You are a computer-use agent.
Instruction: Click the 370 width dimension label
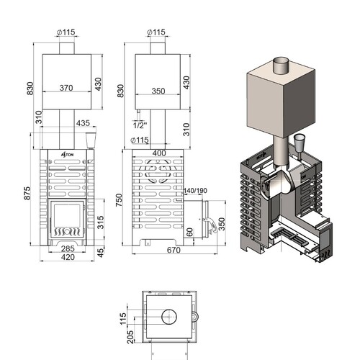click(x=66, y=88)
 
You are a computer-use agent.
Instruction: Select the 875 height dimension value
click(x=27, y=193)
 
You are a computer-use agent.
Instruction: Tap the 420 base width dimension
click(x=68, y=257)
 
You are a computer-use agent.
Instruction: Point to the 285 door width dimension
click(x=68, y=248)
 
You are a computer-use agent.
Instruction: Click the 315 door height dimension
click(x=101, y=222)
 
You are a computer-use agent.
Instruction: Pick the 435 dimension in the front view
click(x=83, y=123)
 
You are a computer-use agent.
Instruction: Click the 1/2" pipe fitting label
click(x=140, y=125)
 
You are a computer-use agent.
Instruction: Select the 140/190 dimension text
click(x=195, y=191)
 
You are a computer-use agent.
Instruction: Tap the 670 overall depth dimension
click(x=174, y=250)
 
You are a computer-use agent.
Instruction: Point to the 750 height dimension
click(x=119, y=200)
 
